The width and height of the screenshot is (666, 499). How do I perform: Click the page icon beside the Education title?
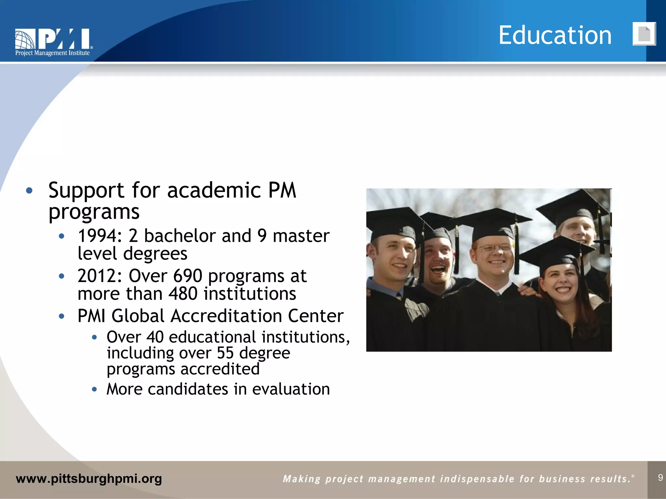pyautogui.click(x=644, y=34)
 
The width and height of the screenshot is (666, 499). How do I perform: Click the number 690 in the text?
pyautogui.click(x=188, y=276)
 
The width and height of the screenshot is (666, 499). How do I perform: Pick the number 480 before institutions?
pyautogui.click(x=183, y=294)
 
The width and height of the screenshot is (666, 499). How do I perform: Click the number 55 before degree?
pyautogui.click(x=225, y=353)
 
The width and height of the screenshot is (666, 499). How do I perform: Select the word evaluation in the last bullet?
pyautogui.click(x=291, y=389)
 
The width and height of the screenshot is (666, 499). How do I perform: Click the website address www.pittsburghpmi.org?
pyautogui.click(x=89, y=479)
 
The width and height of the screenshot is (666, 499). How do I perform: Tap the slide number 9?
pyautogui.click(x=660, y=478)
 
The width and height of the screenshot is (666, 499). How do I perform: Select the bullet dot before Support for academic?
pyautogui.click(x=29, y=191)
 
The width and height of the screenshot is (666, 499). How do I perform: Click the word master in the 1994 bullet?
pyautogui.click(x=301, y=236)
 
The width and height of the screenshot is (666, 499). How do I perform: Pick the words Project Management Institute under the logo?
pyautogui.click(x=52, y=53)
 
